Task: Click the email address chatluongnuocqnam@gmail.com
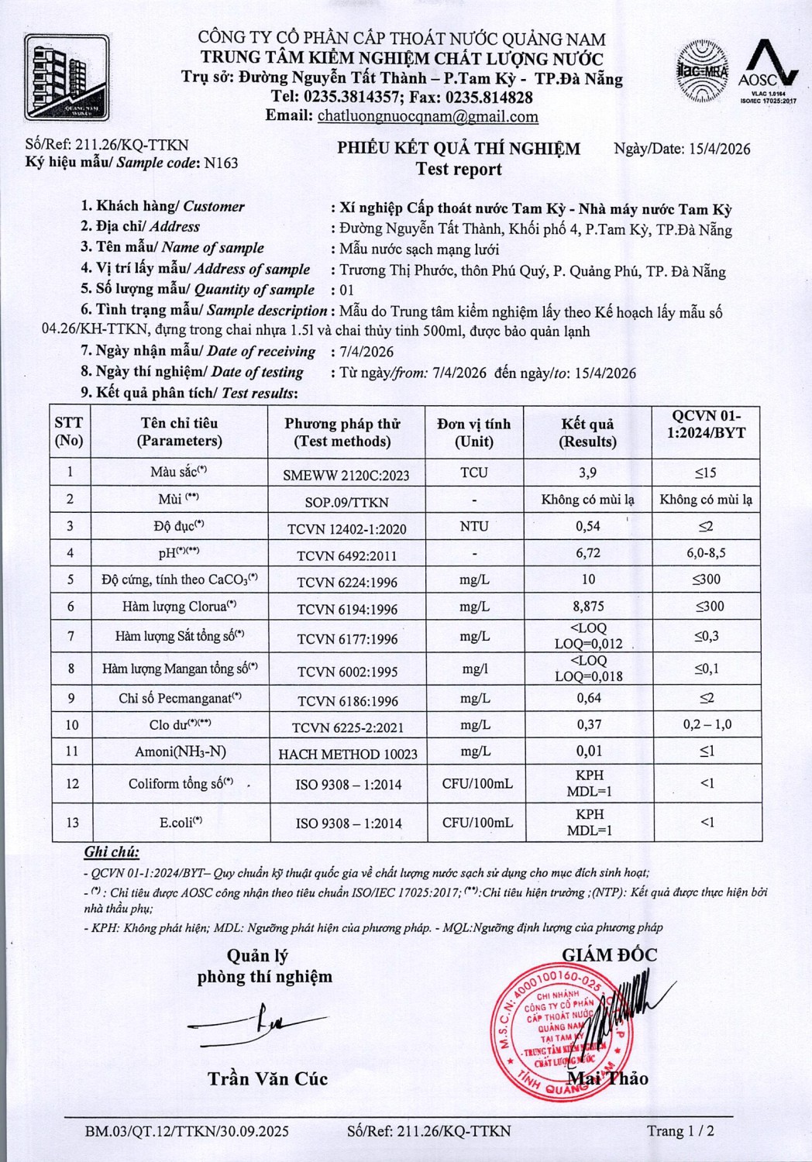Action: coord(428,116)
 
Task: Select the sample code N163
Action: coord(221,163)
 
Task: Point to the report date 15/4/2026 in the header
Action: coord(719,149)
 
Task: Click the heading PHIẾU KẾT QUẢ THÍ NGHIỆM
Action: coord(459,149)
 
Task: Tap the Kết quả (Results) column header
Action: coord(588,432)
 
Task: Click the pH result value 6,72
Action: coord(588,553)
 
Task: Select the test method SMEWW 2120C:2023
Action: coord(346,475)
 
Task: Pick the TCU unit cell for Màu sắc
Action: coord(473,473)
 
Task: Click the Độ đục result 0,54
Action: coord(588,526)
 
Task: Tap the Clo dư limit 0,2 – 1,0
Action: coord(707,724)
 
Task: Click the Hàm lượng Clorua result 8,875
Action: coord(588,607)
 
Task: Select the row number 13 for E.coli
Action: coord(72,823)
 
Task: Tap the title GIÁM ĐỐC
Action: coord(609,955)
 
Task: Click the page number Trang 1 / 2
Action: coord(680,1131)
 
